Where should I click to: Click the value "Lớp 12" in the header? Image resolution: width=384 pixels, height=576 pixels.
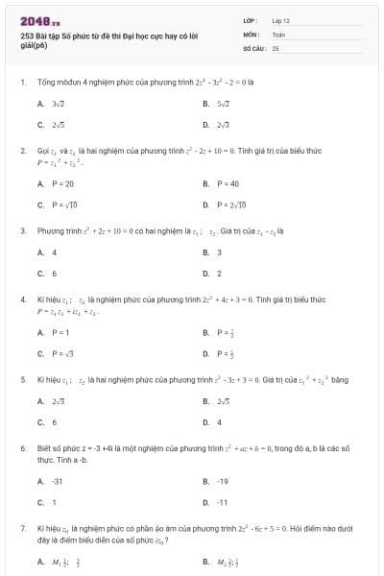pyautogui.click(x=281, y=19)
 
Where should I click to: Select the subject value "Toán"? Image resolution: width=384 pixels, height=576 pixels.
pyautogui.click(x=278, y=33)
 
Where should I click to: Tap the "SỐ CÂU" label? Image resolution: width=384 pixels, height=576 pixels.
pyautogui.click(x=254, y=46)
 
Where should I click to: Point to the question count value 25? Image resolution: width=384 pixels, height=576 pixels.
pyautogui.click(x=276, y=46)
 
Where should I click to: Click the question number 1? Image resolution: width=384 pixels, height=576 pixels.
pyautogui.click(x=22, y=83)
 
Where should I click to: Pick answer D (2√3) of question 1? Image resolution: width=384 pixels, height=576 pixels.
pyautogui.click(x=222, y=125)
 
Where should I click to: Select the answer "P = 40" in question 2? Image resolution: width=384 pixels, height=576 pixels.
pyautogui.click(x=227, y=183)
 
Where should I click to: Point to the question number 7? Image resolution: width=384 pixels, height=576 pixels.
pyautogui.click(x=22, y=528)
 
